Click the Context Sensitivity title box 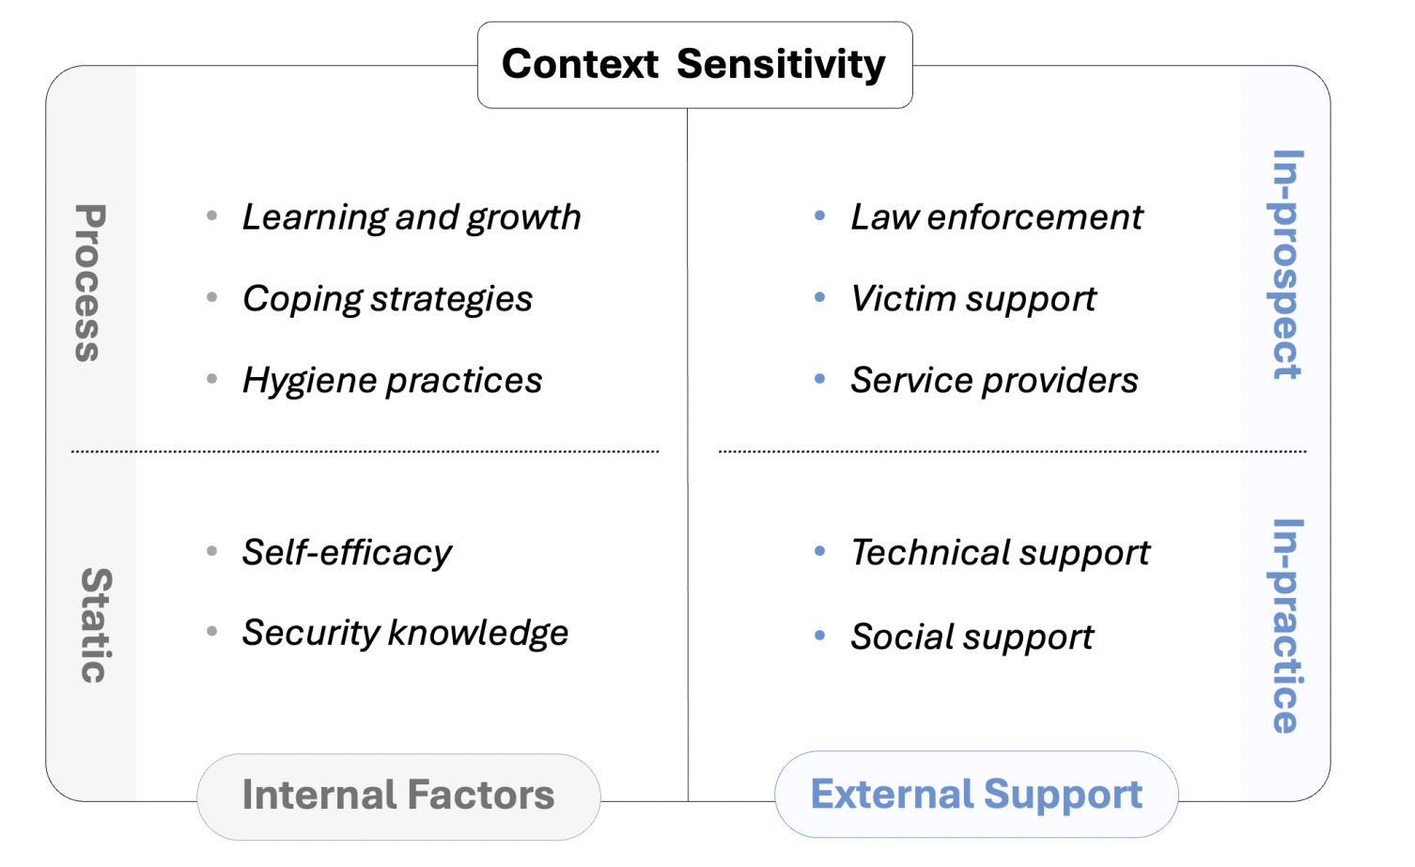pyautogui.click(x=694, y=65)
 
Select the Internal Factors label pyautogui.click(x=398, y=796)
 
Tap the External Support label pyautogui.click(x=976, y=795)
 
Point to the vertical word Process pyautogui.click(x=89, y=283)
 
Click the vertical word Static pyautogui.click(x=95, y=625)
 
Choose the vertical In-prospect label pyautogui.click(x=1286, y=264)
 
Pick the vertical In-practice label pyautogui.click(x=1286, y=625)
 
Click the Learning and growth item pyautogui.click(x=412, y=217)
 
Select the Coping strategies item pyautogui.click(x=387, y=299)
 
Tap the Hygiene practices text pyautogui.click(x=392, y=381)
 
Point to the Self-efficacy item pyautogui.click(x=347, y=552)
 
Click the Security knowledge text pyautogui.click(x=405, y=633)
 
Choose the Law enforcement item pyautogui.click(x=997, y=217)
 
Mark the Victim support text pyautogui.click(x=973, y=299)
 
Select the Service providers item pyautogui.click(x=994, y=381)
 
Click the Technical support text pyautogui.click(x=1000, y=552)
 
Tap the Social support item pyautogui.click(x=972, y=638)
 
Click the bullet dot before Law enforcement pyautogui.click(x=820, y=216)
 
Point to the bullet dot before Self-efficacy pyautogui.click(x=212, y=551)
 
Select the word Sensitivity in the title pyautogui.click(x=781, y=65)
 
